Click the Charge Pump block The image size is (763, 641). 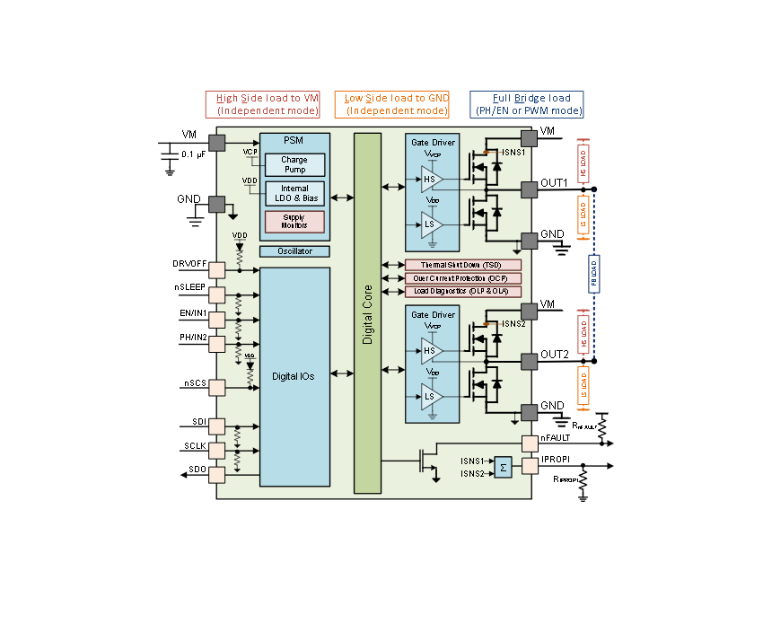pyautogui.click(x=294, y=165)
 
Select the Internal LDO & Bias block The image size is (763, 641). pyautogui.click(x=294, y=193)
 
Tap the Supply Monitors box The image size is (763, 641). pyautogui.click(x=294, y=222)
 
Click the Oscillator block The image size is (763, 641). pyautogui.click(x=294, y=251)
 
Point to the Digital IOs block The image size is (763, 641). pyautogui.click(x=294, y=377)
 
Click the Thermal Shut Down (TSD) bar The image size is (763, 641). pyautogui.click(x=463, y=265)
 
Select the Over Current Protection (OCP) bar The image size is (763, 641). pyautogui.click(x=463, y=278)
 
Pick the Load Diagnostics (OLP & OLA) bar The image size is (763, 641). pyautogui.click(x=463, y=292)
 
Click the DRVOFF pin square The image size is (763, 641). pyautogui.click(x=216, y=269)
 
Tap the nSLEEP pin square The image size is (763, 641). pyautogui.click(x=216, y=294)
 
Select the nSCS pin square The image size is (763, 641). pyautogui.click(x=216, y=388)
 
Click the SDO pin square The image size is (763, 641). pyautogui.click(x=216, y=474)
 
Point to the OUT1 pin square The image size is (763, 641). pyautogui.click(x=529, y=189)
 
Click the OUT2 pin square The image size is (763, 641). pyautogui.click(x=529, y=360)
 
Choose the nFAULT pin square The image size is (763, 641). pyautogui.click(x=529, y=443)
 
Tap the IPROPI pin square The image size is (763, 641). pyautogui.click(x=529, y=466)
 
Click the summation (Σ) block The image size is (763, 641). pyautogui.click(x=503, y=467)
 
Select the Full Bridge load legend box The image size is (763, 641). pyautogui.click(x=526, y=104)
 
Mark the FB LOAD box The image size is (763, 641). pyautogui.click(x=594, y=275)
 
